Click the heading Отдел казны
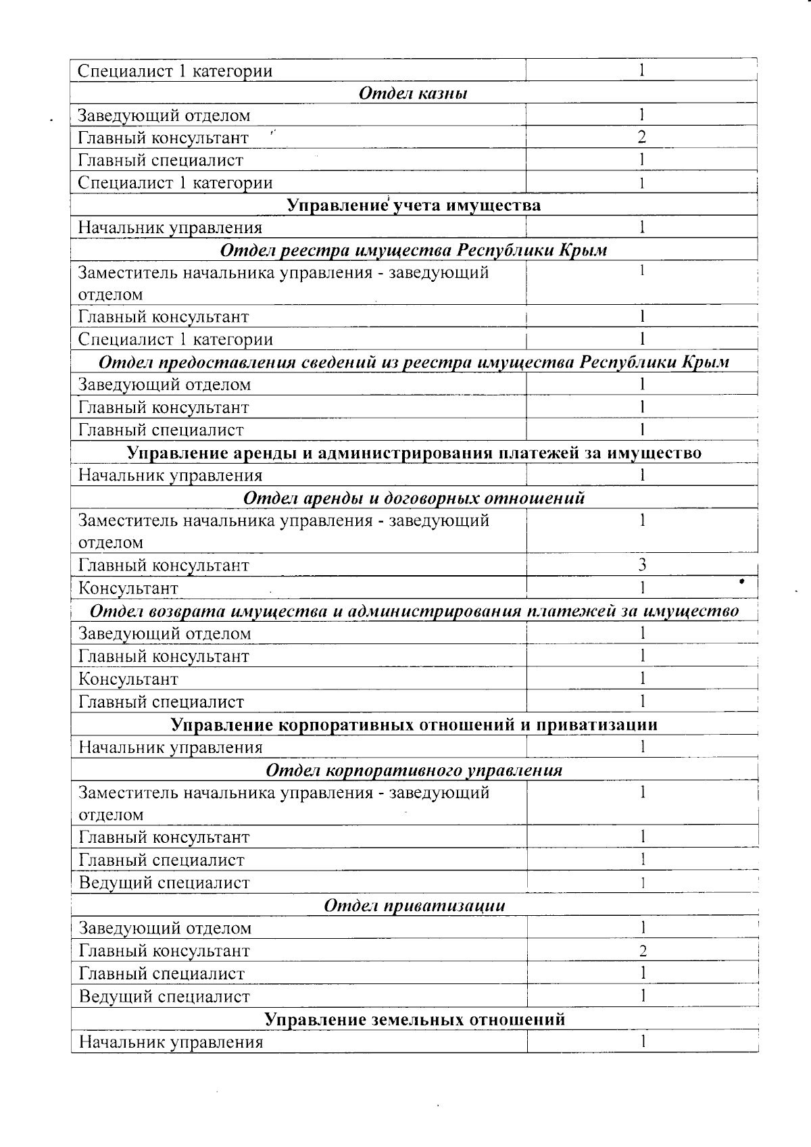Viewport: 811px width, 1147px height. pyautogui.click(x=412, y=93)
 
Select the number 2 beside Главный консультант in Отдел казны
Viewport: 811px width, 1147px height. pyautogui.click(x=641, y=138)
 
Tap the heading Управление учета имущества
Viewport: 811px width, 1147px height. pyautogui.click(x=414, y=205)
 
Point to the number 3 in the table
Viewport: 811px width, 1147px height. pyautogui.click(x=642, y=565)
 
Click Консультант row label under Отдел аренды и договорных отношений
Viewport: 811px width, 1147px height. pyautogui.click(x=128, y=588)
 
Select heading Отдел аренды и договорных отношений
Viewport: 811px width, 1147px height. pyautogui.click(x=414, y=499)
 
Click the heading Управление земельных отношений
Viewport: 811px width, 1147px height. pyautogui.click(x=414, y=1019)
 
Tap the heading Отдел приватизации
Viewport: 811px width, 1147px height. pyautogui.click(x=414, y=906)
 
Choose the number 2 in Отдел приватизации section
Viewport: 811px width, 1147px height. pyautogui.click(x=643, y=952)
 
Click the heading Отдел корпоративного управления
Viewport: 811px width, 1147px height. pyautogui.click(x=414, y=771)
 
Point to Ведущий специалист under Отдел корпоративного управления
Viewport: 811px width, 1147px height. pyautogui.click(x=164, y=883)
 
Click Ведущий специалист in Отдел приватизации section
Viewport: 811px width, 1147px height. pyautogui.click(x=164, y=996)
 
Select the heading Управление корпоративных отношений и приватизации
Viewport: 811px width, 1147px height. pyautogui.click(x=414, y=725)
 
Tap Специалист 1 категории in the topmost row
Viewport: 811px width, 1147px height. pyautogui.click(x=175, y=71)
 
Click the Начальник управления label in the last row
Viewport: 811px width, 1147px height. pyautogui.click(x=170, y=1042)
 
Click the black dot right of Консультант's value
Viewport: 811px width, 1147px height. pyautogui.click(x=741, y=581)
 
